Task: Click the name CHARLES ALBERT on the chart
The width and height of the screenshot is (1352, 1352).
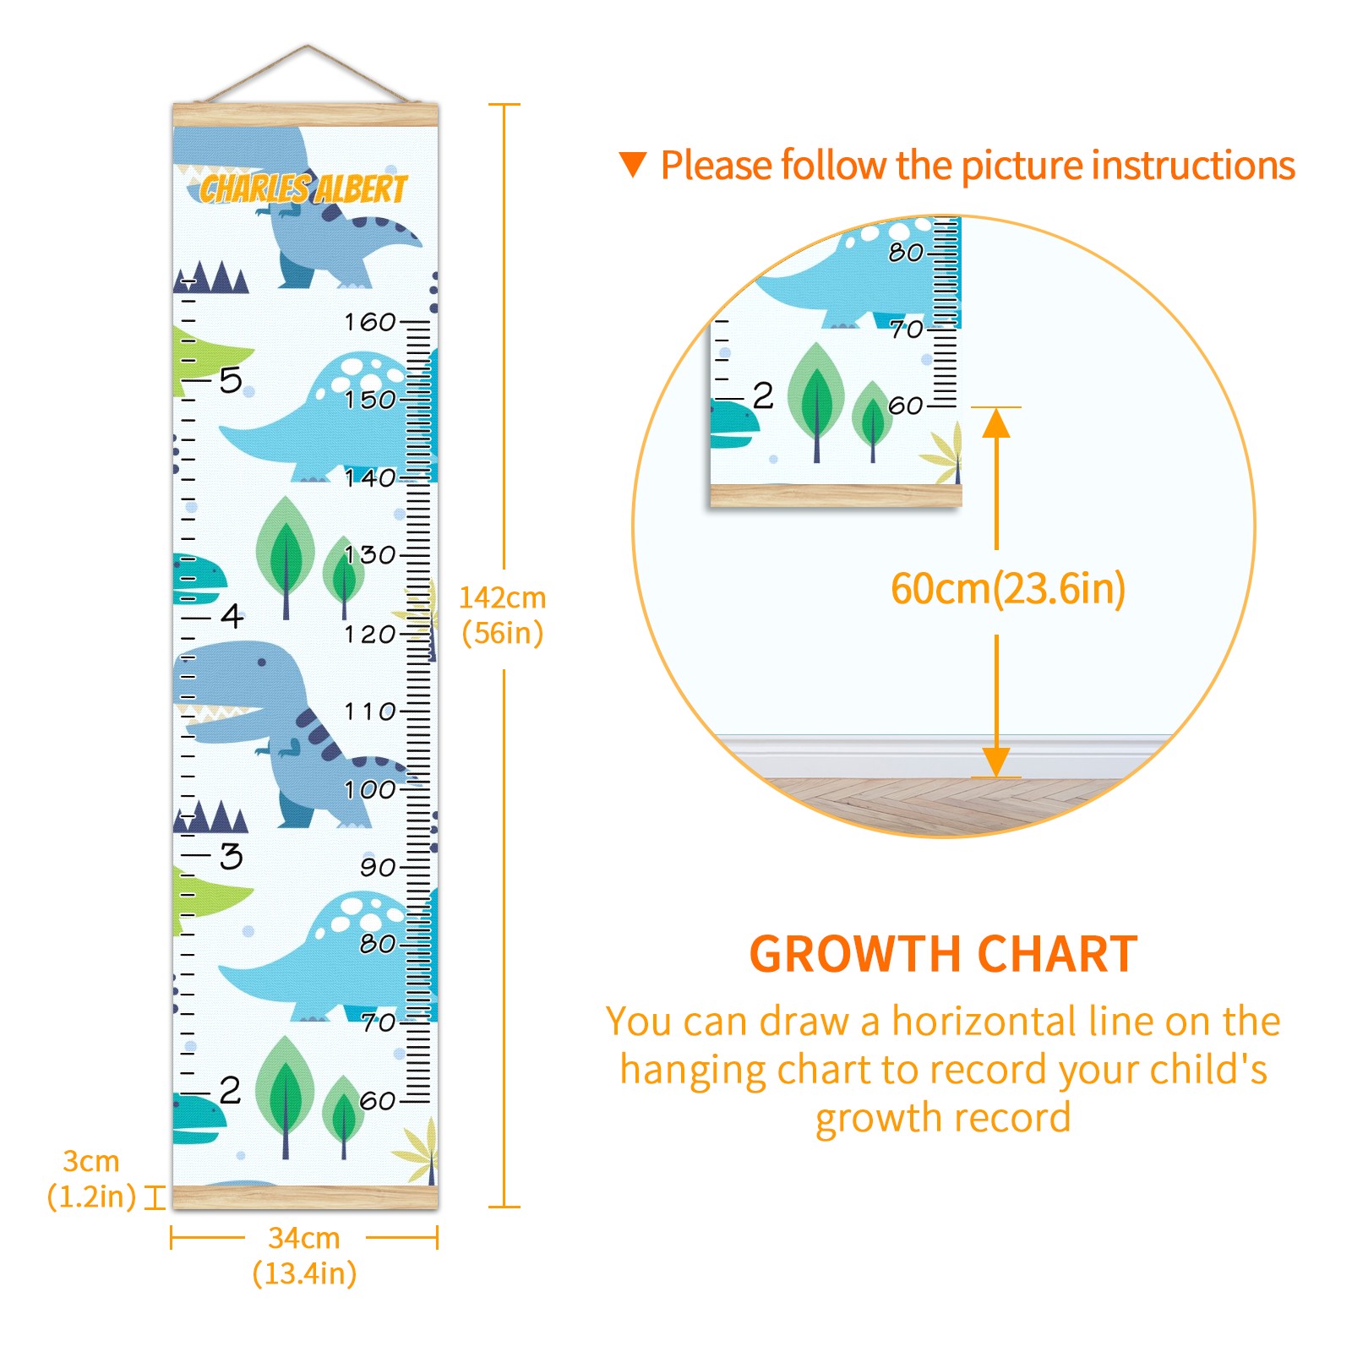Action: click(x=304, y=188)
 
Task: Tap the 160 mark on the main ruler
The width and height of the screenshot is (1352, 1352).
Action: click(x=370, y=322)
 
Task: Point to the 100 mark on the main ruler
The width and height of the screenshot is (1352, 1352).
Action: click(x=370, y=790)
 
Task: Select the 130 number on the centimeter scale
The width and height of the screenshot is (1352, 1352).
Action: click(x=370, y=555)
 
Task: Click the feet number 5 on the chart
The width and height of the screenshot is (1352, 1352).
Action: click(x=231, y=380)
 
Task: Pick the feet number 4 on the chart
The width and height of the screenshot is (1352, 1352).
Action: click(x=232, y=616)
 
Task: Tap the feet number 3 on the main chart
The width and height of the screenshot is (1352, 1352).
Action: click(x=232, y=856)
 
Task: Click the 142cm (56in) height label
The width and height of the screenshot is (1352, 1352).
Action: click(x=503, y=615)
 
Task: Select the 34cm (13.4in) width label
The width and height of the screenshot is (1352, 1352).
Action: click(x=305, y=1256)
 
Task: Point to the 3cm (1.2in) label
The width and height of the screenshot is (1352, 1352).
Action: click(x=91, y=1179)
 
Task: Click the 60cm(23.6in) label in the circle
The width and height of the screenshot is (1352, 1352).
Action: click(x=1008, y=589)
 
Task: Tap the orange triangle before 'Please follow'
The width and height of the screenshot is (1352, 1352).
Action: click(x=633, y=164)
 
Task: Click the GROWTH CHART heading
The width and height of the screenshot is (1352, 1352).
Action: click(x=944, y=955)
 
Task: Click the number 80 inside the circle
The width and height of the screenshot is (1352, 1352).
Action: click(x=906, y=252)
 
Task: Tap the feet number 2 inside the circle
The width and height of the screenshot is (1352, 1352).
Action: click(x=763, y=395)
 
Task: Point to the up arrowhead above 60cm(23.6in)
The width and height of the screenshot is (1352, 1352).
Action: click(x=996, y=422)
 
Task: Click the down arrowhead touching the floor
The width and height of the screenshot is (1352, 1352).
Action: click(x=996, y=762)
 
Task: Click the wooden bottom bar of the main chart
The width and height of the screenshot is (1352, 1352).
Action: click(x=305, y=1197)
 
